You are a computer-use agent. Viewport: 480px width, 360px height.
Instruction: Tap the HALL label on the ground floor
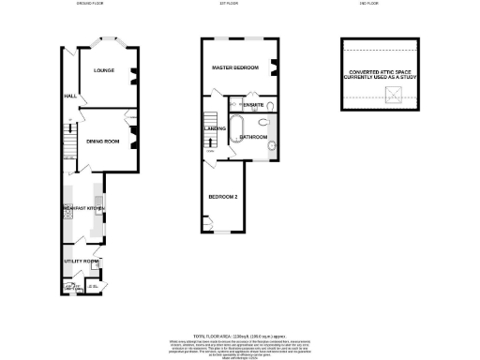[69, 96]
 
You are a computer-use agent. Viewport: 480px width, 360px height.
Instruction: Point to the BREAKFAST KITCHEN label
[82, 207]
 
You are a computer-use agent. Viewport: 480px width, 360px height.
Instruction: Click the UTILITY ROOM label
[81, 261]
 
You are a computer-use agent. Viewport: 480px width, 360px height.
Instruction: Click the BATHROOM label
[254, 137]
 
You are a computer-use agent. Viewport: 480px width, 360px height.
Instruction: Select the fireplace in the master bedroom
[275, 67]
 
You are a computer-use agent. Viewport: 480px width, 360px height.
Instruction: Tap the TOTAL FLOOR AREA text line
[239, 335]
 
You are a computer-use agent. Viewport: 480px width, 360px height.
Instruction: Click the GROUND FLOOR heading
[90, 5]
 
